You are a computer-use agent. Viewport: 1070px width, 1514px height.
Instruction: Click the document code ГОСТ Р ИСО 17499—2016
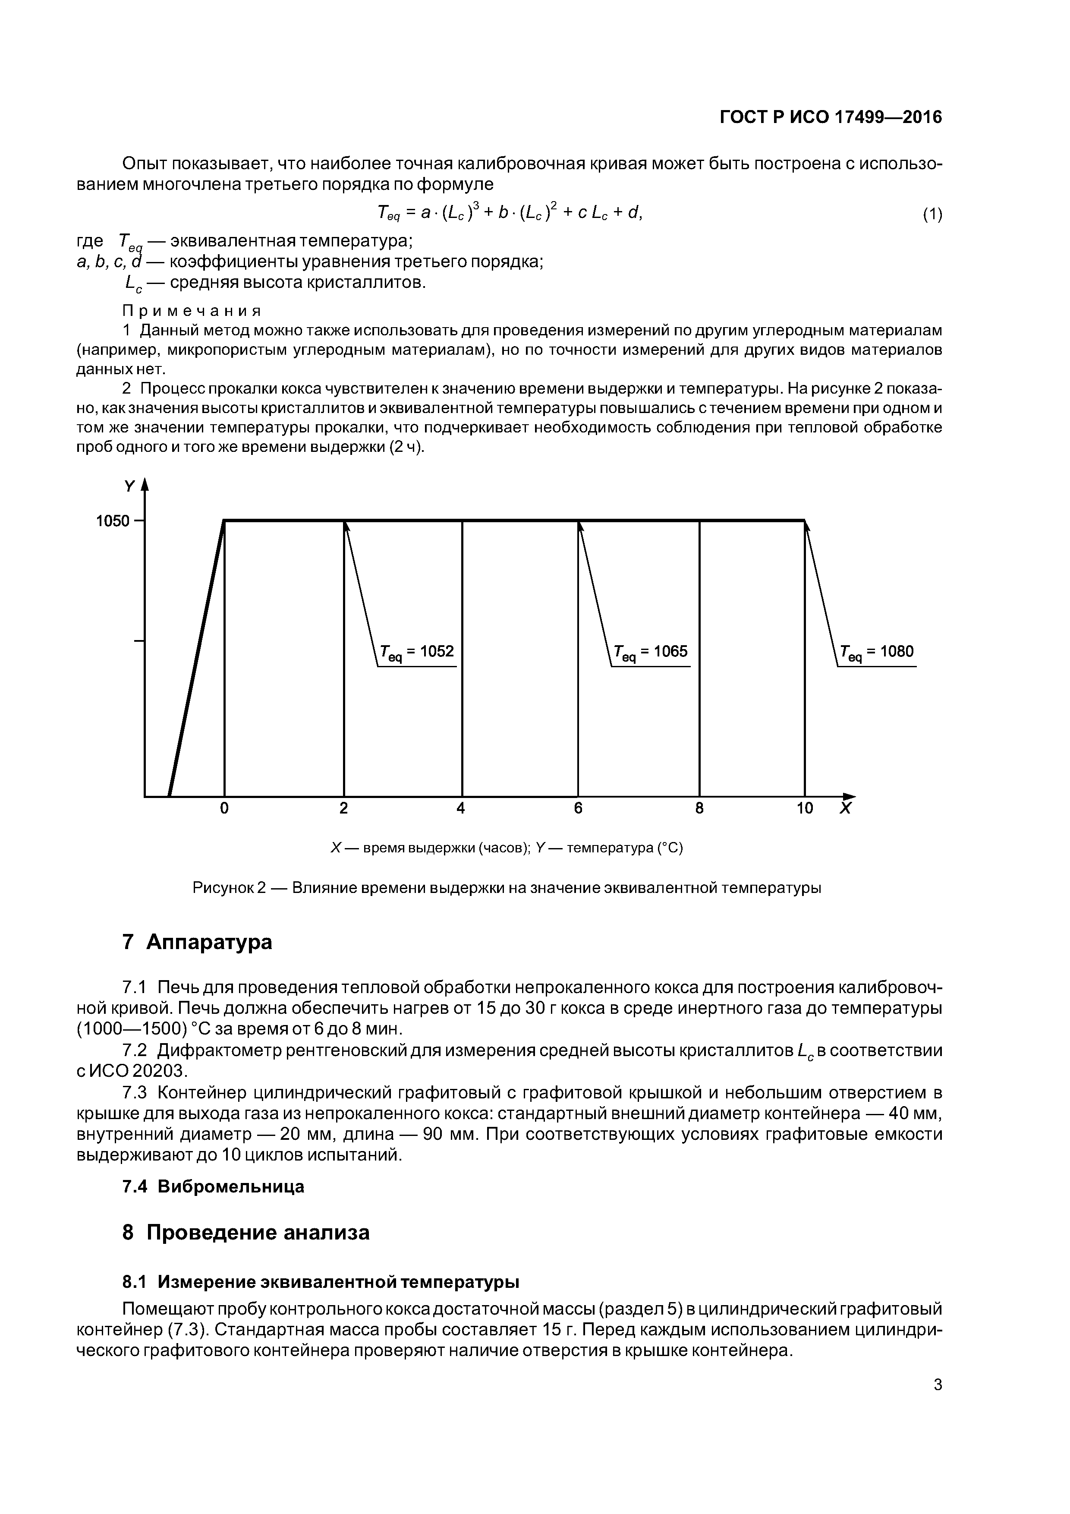coord(831,117)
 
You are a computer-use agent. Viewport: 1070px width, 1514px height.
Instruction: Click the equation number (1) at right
coord(932,214)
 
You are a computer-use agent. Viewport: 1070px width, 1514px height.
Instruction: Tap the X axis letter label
coord(845,808)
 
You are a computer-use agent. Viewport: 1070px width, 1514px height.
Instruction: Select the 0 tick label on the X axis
coord(224,808)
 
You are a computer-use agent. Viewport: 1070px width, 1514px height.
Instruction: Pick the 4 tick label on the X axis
coord(461,808)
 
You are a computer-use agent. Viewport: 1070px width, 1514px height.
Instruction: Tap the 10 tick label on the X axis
coord(804,808)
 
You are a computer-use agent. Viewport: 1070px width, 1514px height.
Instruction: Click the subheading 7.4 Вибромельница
coord(214,1187)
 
